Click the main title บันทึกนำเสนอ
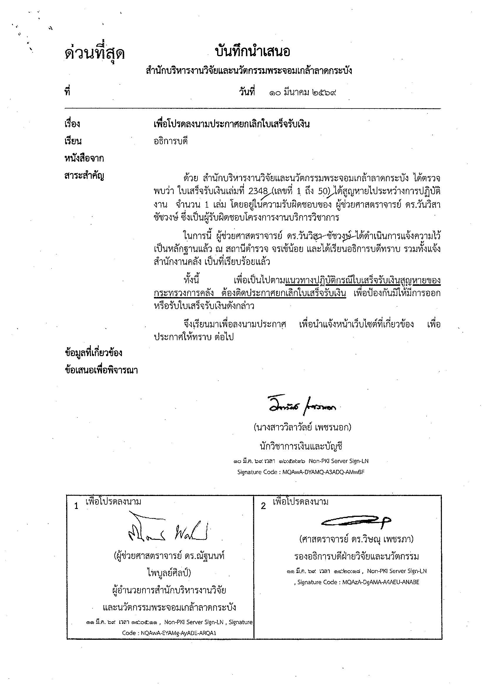(252, 52)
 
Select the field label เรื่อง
(72, 124)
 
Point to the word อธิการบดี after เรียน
(170, 141)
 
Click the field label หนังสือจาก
(84, 158)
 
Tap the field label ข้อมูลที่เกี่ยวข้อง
(93, 353)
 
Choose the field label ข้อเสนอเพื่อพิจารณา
(101, 370)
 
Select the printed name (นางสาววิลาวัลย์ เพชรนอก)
(302, 427)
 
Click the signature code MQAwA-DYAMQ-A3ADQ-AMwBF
(324, 472)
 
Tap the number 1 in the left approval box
(76, 506)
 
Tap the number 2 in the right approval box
(263, 506)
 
